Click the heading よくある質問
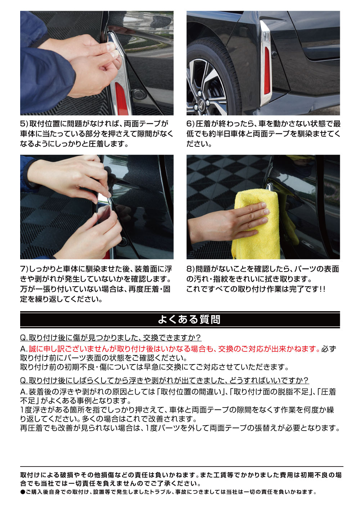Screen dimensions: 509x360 [x=189, y=319]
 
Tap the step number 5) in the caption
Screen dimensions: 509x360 [x=24, y=124]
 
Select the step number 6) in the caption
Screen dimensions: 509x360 [x=190, y=124]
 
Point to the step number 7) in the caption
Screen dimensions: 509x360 [x=24, y=269]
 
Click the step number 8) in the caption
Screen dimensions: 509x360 [x=190, y=269]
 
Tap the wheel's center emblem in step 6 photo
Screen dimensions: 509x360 [x=199, y=106]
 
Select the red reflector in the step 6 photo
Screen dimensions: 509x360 [x=267, y=70]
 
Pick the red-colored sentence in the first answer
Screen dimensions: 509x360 [x=174, y=349]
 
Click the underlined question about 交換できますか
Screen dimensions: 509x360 [x=111, y=338]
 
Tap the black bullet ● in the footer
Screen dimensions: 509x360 [x=22, y=492]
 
